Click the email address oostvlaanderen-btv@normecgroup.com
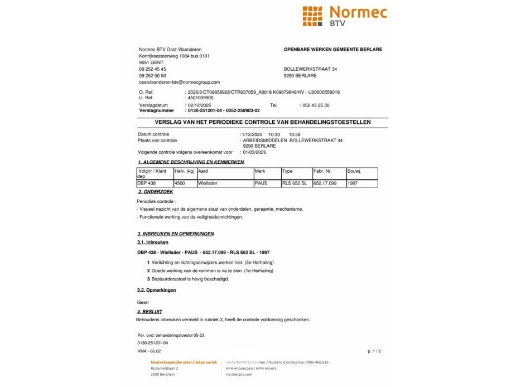click(179, 82)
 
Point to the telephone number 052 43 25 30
click(315, 105)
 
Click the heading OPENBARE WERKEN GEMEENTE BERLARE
click(332, 50)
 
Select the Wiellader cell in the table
click(208, 183)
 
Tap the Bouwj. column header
click(354, 171)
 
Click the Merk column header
click(260, 171)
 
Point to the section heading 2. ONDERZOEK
click(155, 192)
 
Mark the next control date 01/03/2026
click(254, 152)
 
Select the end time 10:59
click(295, 134)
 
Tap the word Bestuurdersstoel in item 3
click(168, 279)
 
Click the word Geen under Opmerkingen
click(143, 302)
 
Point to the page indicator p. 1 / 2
click(374, 351)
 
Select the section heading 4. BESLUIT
click(150, 311)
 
